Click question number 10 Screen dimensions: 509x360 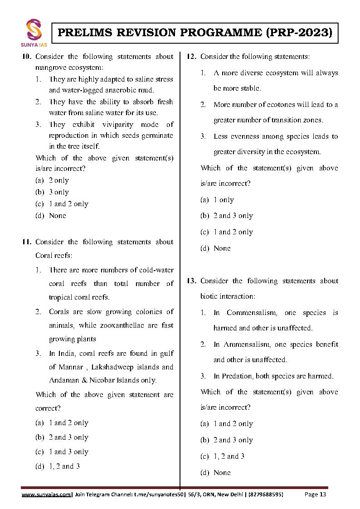[27, 57]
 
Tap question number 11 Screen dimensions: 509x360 [27, 242]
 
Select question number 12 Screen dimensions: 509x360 [191, 57]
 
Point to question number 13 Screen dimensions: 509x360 [191, 281]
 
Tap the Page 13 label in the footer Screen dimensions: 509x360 [315, 494]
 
